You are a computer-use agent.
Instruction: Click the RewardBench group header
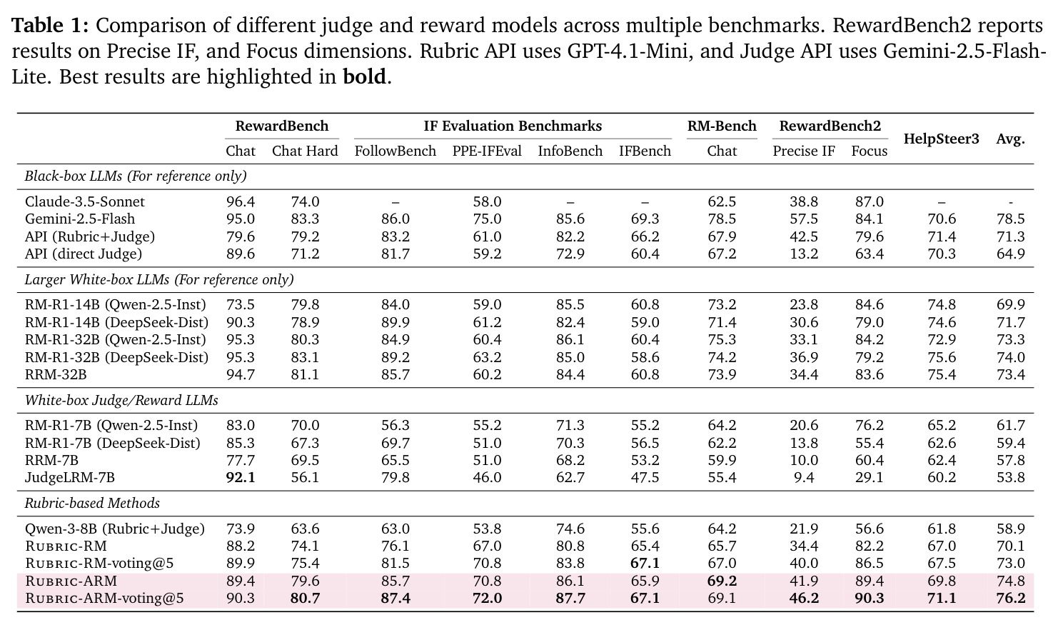(282, 126)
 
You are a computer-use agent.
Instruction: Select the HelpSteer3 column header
(942, 139)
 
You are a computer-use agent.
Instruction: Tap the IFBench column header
(645, 151)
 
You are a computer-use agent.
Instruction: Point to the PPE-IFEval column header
(487, 151)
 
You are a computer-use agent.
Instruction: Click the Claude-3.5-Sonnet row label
(84, 201)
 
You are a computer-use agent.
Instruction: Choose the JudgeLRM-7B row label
(69, 478)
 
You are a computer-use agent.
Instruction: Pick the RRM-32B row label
(56, 374)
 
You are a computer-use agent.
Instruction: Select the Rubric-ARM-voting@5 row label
(104, 599)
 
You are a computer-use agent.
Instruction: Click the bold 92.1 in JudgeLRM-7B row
(241, 478)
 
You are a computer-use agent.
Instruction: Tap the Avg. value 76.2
(1010, 599)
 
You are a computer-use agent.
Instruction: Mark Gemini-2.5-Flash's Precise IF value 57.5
(803, 219)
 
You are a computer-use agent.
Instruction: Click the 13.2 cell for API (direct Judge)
(803, 254)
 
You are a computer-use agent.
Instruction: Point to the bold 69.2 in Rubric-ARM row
(722, 581)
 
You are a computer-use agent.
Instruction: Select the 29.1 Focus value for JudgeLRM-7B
(869, 478)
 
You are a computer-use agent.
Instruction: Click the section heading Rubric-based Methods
(92, 503)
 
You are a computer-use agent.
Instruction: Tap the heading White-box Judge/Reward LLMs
(121, 401)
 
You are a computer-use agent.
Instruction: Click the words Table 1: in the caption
(50, 25)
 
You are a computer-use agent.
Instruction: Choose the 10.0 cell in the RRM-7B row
(803, 461)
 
